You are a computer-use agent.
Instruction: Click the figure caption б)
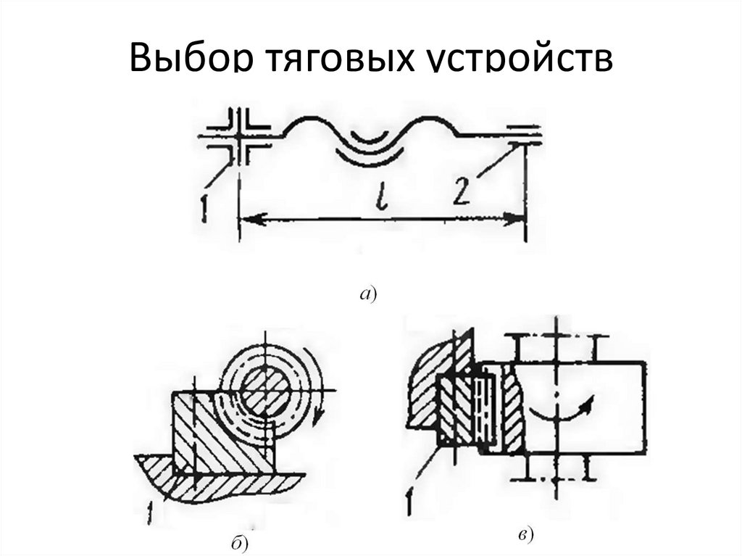(241, 542)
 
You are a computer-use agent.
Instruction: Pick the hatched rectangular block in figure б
(217, 435)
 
